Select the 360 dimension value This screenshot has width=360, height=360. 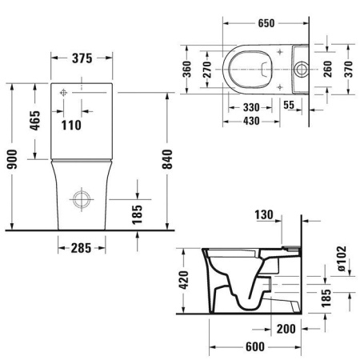[x=185, y=73]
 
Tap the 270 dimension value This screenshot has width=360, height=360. [x=207, y=73]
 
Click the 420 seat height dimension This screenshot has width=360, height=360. [x=183, y=280]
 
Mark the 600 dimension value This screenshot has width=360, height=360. [x=254, y=347]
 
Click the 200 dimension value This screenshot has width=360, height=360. [x=286, y=329]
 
